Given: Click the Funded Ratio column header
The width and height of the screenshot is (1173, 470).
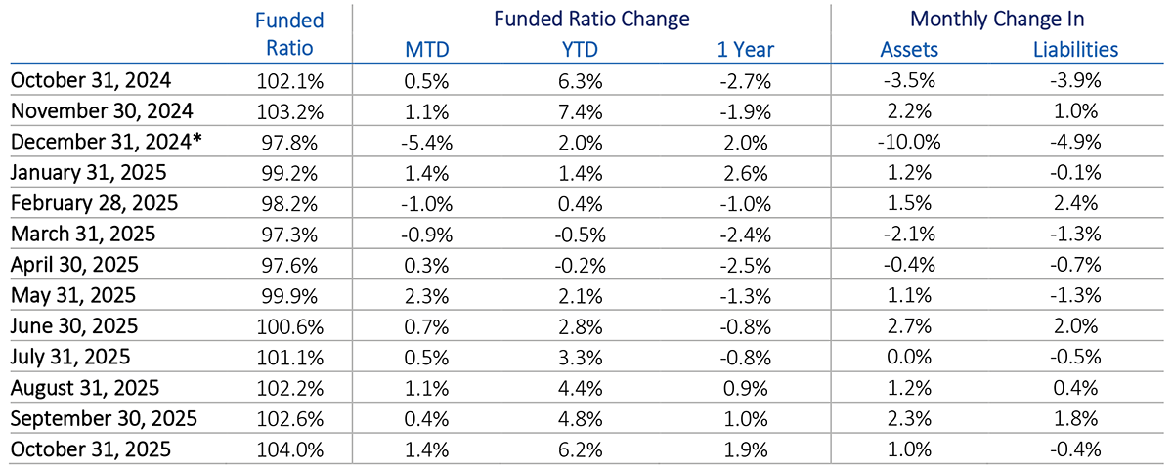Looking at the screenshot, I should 288,34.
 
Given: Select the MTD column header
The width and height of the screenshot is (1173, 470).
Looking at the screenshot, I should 427,49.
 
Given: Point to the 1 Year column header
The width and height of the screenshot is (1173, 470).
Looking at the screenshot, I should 748,49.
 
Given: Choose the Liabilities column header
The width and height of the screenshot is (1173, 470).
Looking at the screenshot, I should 1075,49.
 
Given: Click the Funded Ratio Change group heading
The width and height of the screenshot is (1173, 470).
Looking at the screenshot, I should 591,19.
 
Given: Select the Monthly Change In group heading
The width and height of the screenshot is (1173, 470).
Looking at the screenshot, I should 996,19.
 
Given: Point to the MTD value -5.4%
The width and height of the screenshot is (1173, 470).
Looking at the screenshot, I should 427,141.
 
